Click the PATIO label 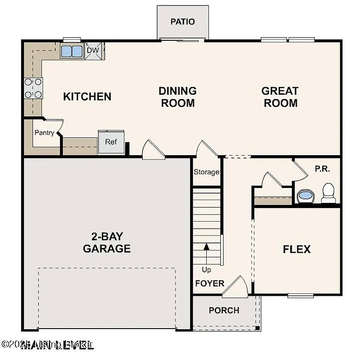(182, 22)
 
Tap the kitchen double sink (71, 51)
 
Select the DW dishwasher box (93, 50)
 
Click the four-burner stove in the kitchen (33, 88)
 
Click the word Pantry (44, 133)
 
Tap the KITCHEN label (87, 97)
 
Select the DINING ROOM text (177, 97)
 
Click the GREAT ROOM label (280, 97)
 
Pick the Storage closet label (206, 172)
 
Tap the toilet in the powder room (328, 193)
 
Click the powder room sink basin (306, 195)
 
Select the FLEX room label (297, 249)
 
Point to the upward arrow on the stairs (206, 253)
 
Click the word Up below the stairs (206, 270)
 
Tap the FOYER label (210, 284)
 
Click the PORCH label (224, 310)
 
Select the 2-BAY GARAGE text (106, 242)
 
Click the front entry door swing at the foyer (236, 287)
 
